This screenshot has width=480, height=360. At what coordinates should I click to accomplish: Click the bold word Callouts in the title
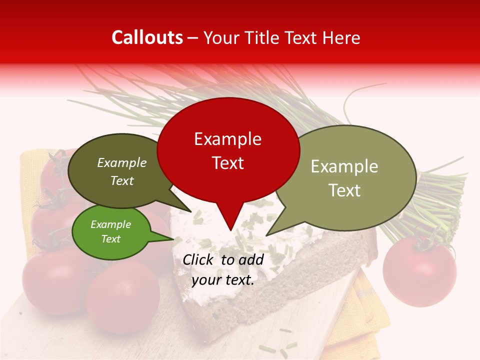click(x=147, y=37)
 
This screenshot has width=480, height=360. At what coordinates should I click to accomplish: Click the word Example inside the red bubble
click(x=227, y=139)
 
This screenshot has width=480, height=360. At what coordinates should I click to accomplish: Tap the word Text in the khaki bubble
click(x=344, y=190)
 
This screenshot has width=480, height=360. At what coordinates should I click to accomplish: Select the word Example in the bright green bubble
click(x=111, y=224)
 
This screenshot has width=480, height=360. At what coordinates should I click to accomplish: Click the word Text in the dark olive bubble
click(x=122, y=180)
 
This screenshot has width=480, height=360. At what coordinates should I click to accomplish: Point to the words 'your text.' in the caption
click(x=223, y=280)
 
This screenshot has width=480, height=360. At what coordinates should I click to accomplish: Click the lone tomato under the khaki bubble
click(x=419, y=270)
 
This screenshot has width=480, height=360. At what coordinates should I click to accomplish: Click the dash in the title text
click(x=193, y=38)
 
